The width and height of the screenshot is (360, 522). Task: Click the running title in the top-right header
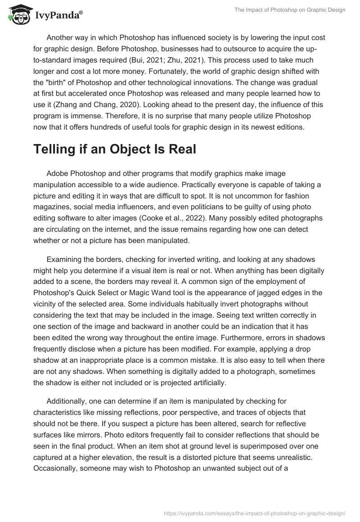[290, 10]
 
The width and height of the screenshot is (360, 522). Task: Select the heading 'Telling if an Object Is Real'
[115, 149]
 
